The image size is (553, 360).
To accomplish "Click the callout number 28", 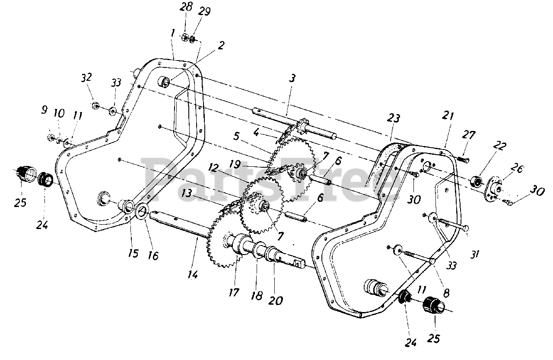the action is click(186, 7).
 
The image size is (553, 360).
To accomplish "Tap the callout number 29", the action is click(204, 12).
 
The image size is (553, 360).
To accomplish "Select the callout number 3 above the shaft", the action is click(292, 79).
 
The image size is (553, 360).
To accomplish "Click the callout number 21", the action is click(448, 115).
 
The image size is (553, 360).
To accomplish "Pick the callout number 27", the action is click(468, 135).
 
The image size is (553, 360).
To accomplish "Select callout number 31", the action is click(474, 254).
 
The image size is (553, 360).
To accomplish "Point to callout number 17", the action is click(234, 292).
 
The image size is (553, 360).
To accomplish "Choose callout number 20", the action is click(276, 300).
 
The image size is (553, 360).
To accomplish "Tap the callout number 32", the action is click(86, 77).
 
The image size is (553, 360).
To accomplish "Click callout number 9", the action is click(44, 109).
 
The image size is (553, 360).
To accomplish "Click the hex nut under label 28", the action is click(184, 38).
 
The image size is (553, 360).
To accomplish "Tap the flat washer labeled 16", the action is click(142, 212).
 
